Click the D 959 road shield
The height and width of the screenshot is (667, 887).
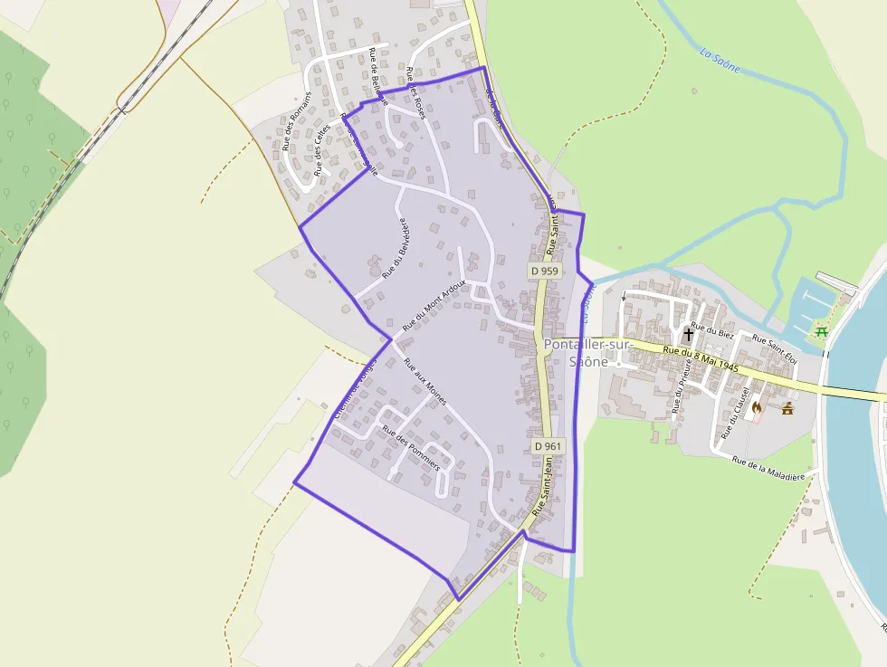[545, 271]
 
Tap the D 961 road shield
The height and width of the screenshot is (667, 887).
[548, 446]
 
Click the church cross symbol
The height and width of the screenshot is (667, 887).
[688, 334]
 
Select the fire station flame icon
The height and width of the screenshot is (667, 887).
[757, 407]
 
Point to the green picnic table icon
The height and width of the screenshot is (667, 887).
[822, 332]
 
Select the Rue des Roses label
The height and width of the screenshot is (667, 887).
[415, 91]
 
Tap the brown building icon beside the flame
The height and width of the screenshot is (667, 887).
[787, 407]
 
